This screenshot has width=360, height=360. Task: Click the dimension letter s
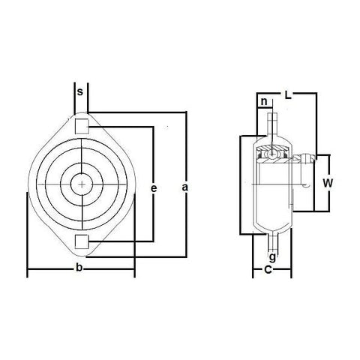[80, 92]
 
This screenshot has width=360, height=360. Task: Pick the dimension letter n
[264, 102]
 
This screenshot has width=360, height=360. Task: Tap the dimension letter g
[271, 257]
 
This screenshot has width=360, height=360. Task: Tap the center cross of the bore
[81, 182]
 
